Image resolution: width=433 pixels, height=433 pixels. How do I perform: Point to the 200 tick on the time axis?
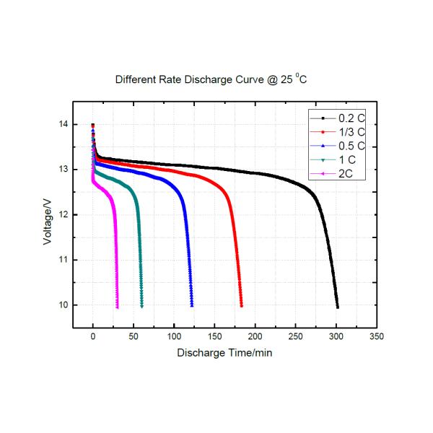[255, 336]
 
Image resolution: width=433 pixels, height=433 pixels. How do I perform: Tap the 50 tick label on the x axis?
[134, 336]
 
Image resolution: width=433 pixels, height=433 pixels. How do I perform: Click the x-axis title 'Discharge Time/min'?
[224, 354]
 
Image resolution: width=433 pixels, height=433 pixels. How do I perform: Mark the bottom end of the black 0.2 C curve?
[337, 307]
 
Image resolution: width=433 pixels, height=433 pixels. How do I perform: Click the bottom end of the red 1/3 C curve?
[241, 306]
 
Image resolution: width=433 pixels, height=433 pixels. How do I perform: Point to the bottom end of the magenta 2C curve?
[117, 307]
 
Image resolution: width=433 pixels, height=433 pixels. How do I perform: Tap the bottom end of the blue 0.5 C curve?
[192, 306]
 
